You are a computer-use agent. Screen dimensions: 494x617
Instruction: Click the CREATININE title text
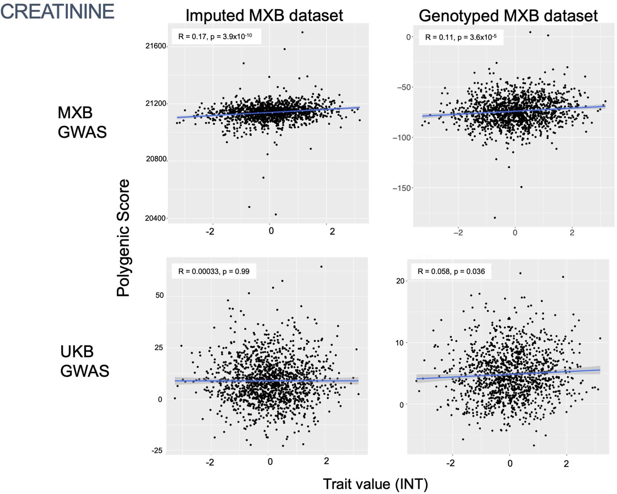pyautogui.click(x=57, y=12)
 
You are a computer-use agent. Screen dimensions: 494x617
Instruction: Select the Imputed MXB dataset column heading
pyautogui.click(x=264, y=15)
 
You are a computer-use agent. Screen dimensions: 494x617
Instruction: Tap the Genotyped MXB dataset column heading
pyautogui.click(x=508, y=16)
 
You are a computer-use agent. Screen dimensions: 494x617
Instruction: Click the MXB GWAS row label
pyautogui.click(x=82, y=122)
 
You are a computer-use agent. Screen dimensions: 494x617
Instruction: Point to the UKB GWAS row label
pyautogui.click(x=84, y=361)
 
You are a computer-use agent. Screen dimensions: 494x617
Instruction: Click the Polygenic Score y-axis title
pyautogui.click(x=123, y=238)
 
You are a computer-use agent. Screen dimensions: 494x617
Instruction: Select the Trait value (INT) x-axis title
pyautogui.click(x=375, y=484)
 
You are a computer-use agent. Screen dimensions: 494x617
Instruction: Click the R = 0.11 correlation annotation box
pyautogui.click(x=460, y=37)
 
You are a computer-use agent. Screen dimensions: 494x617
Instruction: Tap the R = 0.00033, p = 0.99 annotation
pyautogui.click(x=214, y=272)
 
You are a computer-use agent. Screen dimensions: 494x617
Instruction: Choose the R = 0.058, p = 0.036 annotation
pyautogui.click(x=451, y=272)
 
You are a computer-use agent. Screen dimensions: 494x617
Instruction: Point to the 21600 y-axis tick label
pyautogui.click(x=156, y=46)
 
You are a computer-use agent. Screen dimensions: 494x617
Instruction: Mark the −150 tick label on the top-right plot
pyautogui.click(x=402, y=188)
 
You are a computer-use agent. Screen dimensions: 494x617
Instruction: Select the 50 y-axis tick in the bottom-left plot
pyautogui.click(x=160, y=296)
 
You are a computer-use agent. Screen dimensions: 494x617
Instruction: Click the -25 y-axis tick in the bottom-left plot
pyautogui.click(x=157, y=450)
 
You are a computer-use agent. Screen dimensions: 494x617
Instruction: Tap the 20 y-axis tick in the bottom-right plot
pyautogui.click(x=400, y=281)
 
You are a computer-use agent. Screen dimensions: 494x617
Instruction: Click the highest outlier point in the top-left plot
pyautogui.click(x=302, y=32)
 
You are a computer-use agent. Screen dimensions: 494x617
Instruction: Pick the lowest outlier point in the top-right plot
pyautogui.click(x=495, y=218)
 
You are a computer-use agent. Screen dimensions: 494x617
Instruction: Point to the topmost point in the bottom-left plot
pyautogui.click(x=321, y=267)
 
